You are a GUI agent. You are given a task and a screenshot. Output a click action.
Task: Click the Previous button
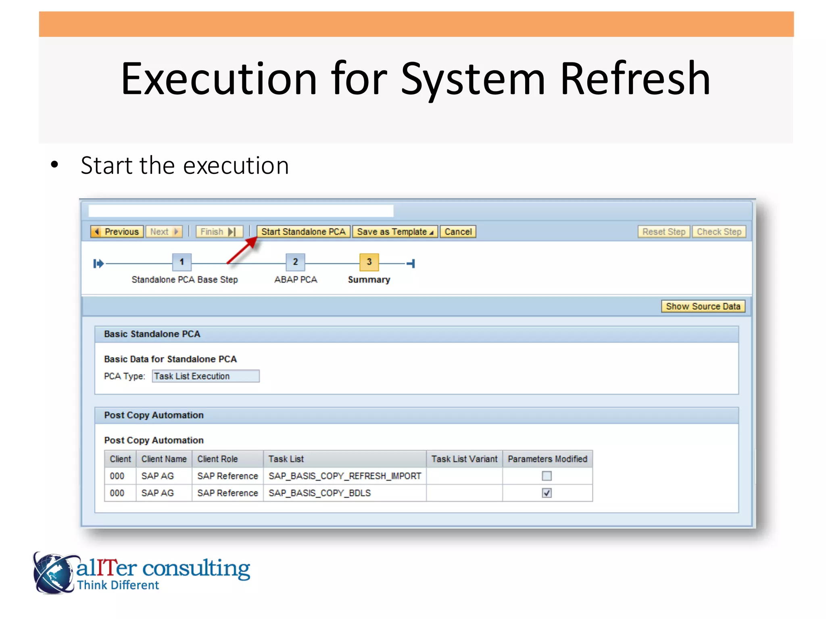point(117,232)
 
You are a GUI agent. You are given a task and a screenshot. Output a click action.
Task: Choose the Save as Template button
point(395,232)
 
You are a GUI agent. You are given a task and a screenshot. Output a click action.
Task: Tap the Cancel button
point(458,232)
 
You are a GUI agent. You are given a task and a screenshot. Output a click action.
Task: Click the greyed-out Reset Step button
point(663,232)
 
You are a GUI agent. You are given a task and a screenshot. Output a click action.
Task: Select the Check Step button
point(719,232)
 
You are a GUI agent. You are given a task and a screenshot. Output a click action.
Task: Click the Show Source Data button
point(703,306)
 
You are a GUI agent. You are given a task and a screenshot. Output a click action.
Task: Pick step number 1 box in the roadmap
point(182,262)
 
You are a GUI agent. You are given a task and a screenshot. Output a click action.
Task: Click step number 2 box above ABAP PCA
point(295,262)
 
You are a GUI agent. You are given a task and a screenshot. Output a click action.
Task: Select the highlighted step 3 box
point(369,262)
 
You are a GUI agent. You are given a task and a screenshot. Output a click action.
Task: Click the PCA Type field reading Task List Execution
point(206,376)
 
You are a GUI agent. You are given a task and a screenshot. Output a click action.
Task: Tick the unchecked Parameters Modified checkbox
point(546,476)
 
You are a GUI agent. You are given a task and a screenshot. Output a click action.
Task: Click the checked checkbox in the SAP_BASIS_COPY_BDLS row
point(546,493)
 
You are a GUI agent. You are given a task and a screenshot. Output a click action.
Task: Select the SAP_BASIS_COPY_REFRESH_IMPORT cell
point(344,476)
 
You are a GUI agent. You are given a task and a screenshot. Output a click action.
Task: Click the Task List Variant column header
point(464,459)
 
